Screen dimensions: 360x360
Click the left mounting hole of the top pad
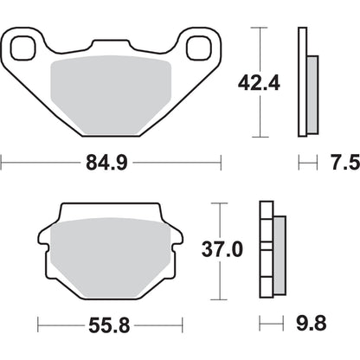point(26,42)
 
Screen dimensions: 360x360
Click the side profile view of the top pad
point(304,82)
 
